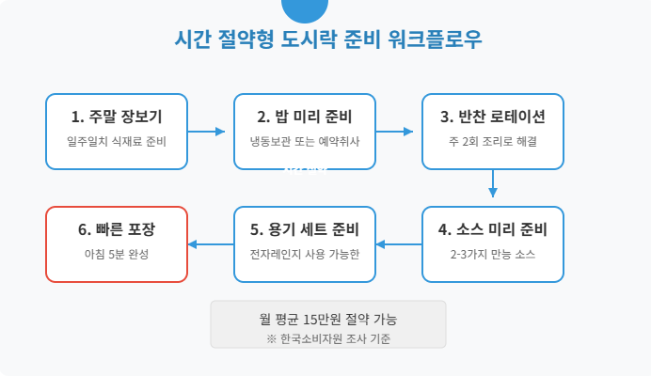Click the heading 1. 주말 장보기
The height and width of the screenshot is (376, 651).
(x=117, y=117)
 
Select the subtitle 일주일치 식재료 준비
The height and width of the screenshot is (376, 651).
(x=117, y=142)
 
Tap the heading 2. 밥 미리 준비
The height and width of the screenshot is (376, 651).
(x=305, y=117)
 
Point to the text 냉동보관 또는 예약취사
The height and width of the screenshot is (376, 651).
(x=305, y=142)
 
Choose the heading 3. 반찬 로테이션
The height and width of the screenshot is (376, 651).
(x=493, y=117)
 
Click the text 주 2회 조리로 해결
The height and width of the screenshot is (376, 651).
(x=493, y=142)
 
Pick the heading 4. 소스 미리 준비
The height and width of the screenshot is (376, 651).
(x=493, y=230)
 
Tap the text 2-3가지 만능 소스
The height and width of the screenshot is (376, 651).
(x=493, y=255)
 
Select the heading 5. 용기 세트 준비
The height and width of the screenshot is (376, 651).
(x=305, y=230)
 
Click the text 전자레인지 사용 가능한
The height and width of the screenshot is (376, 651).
(x=305, y=255)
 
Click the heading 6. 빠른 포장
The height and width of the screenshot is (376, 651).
(x=117, y=230)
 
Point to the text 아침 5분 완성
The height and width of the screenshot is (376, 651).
(x=117, y=255)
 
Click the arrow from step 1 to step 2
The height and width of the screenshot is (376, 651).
(x=211, y=132)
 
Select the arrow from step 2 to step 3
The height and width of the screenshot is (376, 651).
(x=399, y=132)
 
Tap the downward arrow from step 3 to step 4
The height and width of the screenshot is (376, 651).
(x=493, y=183)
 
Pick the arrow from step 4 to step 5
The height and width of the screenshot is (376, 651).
(x=399, y=244)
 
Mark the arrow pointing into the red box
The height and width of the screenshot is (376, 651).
(x=211, y=244)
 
